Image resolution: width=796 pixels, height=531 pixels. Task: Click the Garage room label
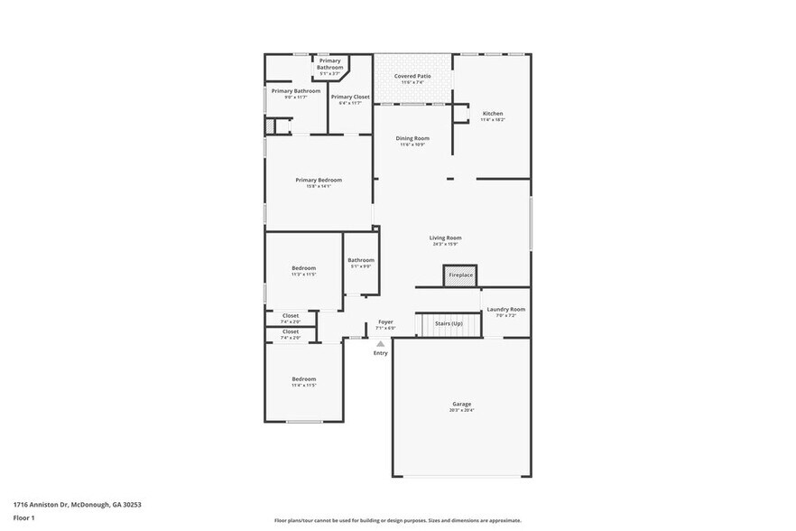tap(461, 404)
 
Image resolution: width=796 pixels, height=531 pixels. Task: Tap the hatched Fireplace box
tap(459, 275)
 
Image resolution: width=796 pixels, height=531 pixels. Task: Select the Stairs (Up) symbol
tap(449, 323)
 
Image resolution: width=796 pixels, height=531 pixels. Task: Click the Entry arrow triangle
tap(381, 343)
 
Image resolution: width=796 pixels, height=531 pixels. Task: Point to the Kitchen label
tap(492, 113)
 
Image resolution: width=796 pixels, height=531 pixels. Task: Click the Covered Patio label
tap(412, 76)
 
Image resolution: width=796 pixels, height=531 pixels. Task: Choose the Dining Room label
tap(412, 138)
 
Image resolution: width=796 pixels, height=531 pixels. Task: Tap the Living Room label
tap(445, 238)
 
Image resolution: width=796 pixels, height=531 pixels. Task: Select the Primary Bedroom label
tap(319, 180)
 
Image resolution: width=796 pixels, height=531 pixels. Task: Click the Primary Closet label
tap(350, 97)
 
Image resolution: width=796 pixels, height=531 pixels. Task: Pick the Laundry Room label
tap(505, 309)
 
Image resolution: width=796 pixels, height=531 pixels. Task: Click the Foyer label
tap(385, 321)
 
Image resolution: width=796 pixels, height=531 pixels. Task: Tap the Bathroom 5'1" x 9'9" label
tap(360, 262)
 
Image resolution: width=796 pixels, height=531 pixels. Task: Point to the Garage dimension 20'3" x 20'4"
tap(461, 410)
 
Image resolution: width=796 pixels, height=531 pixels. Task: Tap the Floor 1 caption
tap(24, 517)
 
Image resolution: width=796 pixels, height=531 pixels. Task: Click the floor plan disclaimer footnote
tap(397, 520)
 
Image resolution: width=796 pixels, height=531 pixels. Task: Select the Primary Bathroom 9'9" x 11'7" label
tap(296, 91)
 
